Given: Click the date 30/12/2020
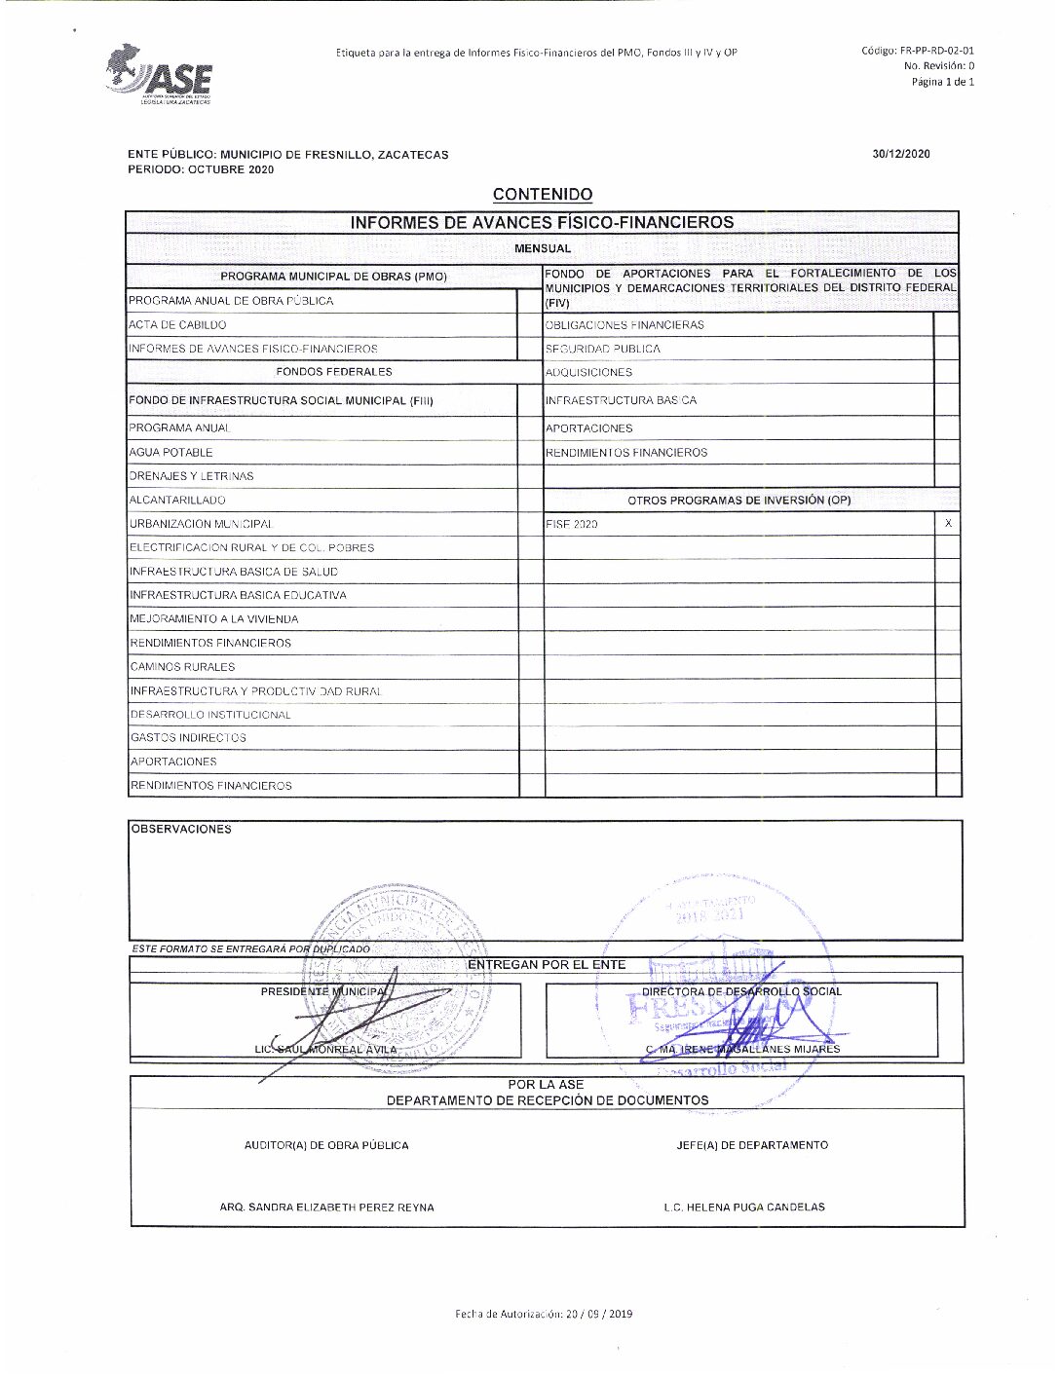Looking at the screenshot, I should (901, 154).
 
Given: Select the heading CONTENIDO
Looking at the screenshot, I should (542, 195).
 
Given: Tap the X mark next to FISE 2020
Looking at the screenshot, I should (948, 524).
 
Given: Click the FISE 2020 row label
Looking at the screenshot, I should (572, 525).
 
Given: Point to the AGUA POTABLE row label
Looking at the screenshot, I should (170, 453).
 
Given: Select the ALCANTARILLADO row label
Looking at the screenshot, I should (177, 501).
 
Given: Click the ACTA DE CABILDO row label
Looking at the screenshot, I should (177, 325).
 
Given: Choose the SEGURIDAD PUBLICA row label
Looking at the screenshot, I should (602, 349).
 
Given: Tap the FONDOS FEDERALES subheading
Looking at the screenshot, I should (333, 372).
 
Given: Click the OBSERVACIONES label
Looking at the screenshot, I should (181, 830).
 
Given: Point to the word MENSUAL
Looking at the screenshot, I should (543, 248).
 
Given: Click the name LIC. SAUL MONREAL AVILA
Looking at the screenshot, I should (325, 1050).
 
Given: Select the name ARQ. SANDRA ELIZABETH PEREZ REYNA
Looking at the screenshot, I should (326, 1208).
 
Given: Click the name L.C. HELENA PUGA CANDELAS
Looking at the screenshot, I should (744, 1208).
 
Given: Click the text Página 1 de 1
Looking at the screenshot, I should (942, 82).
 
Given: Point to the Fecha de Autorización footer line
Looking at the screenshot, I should (543, 1314).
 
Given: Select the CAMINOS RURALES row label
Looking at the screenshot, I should (182, 667).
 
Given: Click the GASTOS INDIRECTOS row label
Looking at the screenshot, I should (188, 738).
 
